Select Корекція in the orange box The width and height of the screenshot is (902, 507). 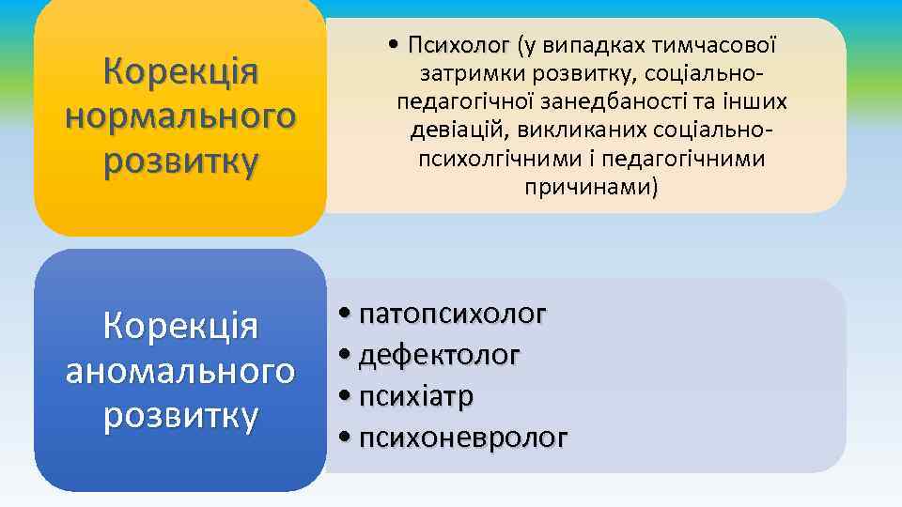(180, 71)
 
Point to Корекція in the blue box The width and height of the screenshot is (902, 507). (180, 327)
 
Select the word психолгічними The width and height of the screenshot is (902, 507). (490, 158)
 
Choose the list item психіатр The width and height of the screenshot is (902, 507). (416, 396)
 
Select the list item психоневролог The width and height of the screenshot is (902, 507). (463, 438)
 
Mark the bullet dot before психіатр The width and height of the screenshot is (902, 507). (347, 396)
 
